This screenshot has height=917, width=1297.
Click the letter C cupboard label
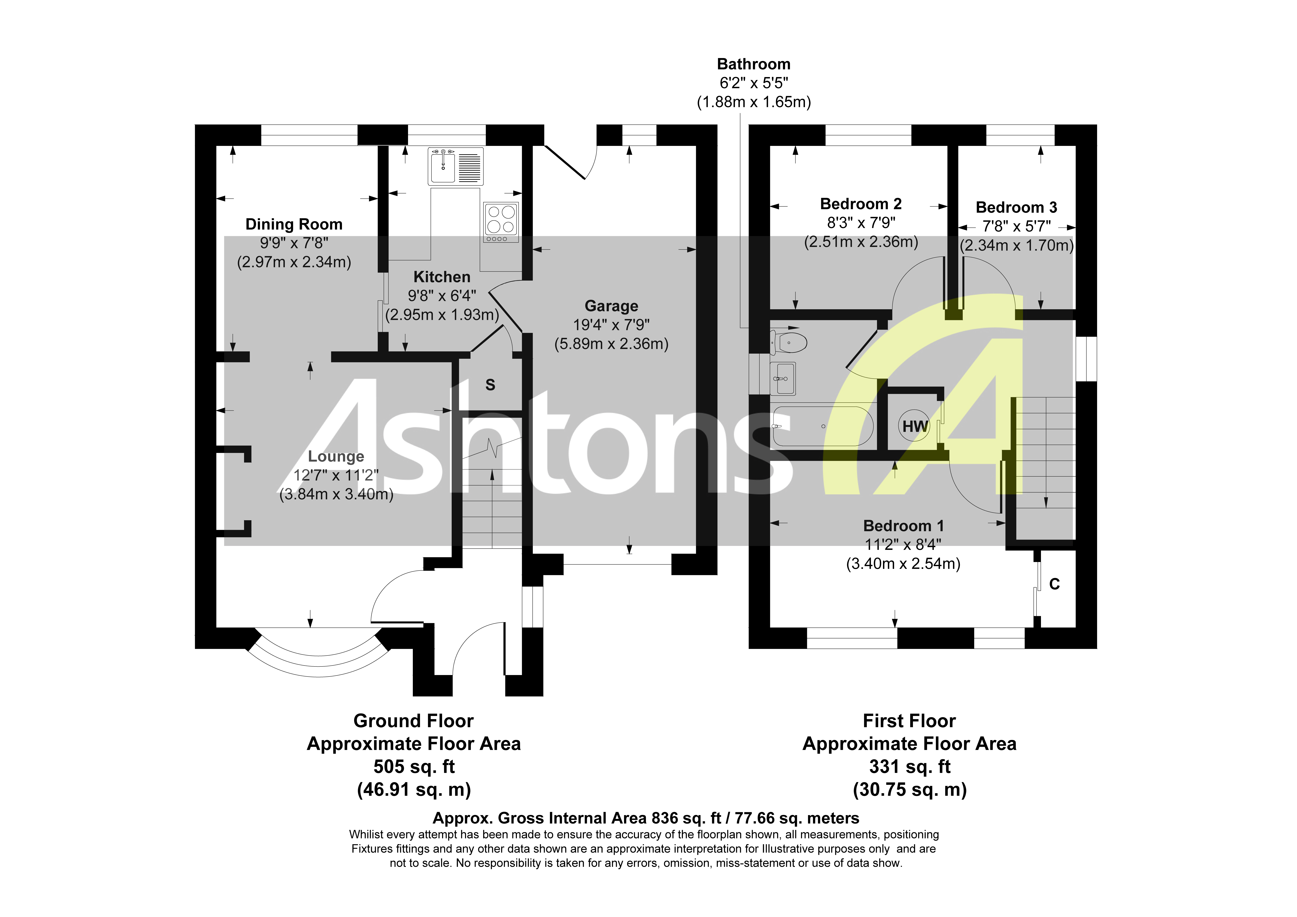point(1054,584)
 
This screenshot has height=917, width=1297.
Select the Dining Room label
point(294,224)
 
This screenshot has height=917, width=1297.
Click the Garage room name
point(611,306)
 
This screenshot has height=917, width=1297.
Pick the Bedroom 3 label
point(1016,208)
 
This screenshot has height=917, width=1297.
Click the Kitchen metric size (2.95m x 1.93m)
point(442,315)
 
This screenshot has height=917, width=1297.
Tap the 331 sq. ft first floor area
point(910,767)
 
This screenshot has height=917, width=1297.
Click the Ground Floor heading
point(414,721)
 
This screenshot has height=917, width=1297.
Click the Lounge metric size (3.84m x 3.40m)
point(336,494)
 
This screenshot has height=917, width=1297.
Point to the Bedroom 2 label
point(860,204)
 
